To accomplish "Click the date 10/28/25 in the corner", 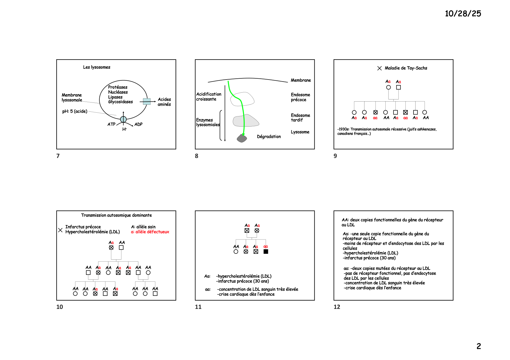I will pos(463,14).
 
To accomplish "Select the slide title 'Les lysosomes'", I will pos(96,67).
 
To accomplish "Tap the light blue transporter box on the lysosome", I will pos(147,101).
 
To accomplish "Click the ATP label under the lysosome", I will pos(111,124).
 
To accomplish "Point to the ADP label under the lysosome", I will pos(138,124).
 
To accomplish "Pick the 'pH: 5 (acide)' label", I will pos(75,111).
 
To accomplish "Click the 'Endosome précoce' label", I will pos(300,97).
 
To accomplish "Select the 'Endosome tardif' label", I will pos(300,118).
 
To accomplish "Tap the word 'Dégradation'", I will pos(269,136).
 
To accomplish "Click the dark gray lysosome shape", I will pos(242,138).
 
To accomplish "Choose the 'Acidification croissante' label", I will pos(208,97).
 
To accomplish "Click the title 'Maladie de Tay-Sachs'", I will pos(406,68).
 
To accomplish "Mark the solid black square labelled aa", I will pos(266,251).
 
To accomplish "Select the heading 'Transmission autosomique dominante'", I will pos(116,215).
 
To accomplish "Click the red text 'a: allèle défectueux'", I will pos(150,232).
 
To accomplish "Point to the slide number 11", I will pos(198,307).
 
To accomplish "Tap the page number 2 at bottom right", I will pos(479,346).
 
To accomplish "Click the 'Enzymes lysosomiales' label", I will pos(207,122).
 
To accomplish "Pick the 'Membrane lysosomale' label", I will pos(72,98).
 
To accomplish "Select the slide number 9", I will pos(335,156).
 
